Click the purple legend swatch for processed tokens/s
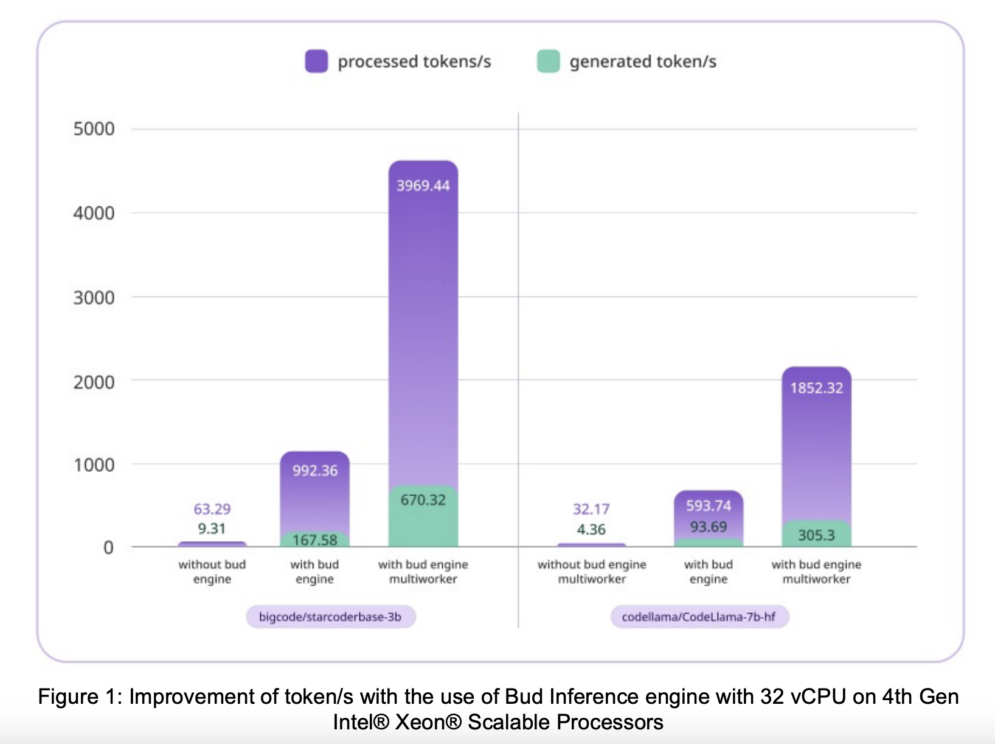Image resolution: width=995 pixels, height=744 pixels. click(x=316, y=61)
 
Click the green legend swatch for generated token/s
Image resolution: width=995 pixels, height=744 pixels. click(x=548, y=61)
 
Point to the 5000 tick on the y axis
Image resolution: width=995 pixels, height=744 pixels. click(x=94, y=129)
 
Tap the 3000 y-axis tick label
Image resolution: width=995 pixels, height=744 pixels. click(x=94, y=298)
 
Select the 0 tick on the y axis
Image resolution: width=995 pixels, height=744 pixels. click(x=108, y=547)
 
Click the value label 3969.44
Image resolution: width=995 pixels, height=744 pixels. click(x=423, y=186)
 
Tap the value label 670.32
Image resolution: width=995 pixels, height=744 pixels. click(x=423, y=500)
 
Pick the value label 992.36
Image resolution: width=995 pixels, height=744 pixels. click(x=315, y=471)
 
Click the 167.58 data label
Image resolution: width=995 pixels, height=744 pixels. click(x=315, y=540)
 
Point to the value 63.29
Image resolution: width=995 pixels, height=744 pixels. click(x=212, y=509)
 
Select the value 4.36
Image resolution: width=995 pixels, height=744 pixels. click(x=591, y=530)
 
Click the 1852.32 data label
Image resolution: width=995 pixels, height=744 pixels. click(x=816, y=388)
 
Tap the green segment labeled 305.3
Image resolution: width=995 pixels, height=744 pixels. click(x=816, y=535)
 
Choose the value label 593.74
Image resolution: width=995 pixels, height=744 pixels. click(x=709, y=506)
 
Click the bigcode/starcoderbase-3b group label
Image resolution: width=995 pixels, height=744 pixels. click(x=330, y=617)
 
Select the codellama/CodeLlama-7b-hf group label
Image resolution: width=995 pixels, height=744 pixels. click(x=699, y=617)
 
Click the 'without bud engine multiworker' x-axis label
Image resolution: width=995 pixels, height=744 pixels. click(x=592, y=572)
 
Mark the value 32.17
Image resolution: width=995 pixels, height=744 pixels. click(x=591, y=509)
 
